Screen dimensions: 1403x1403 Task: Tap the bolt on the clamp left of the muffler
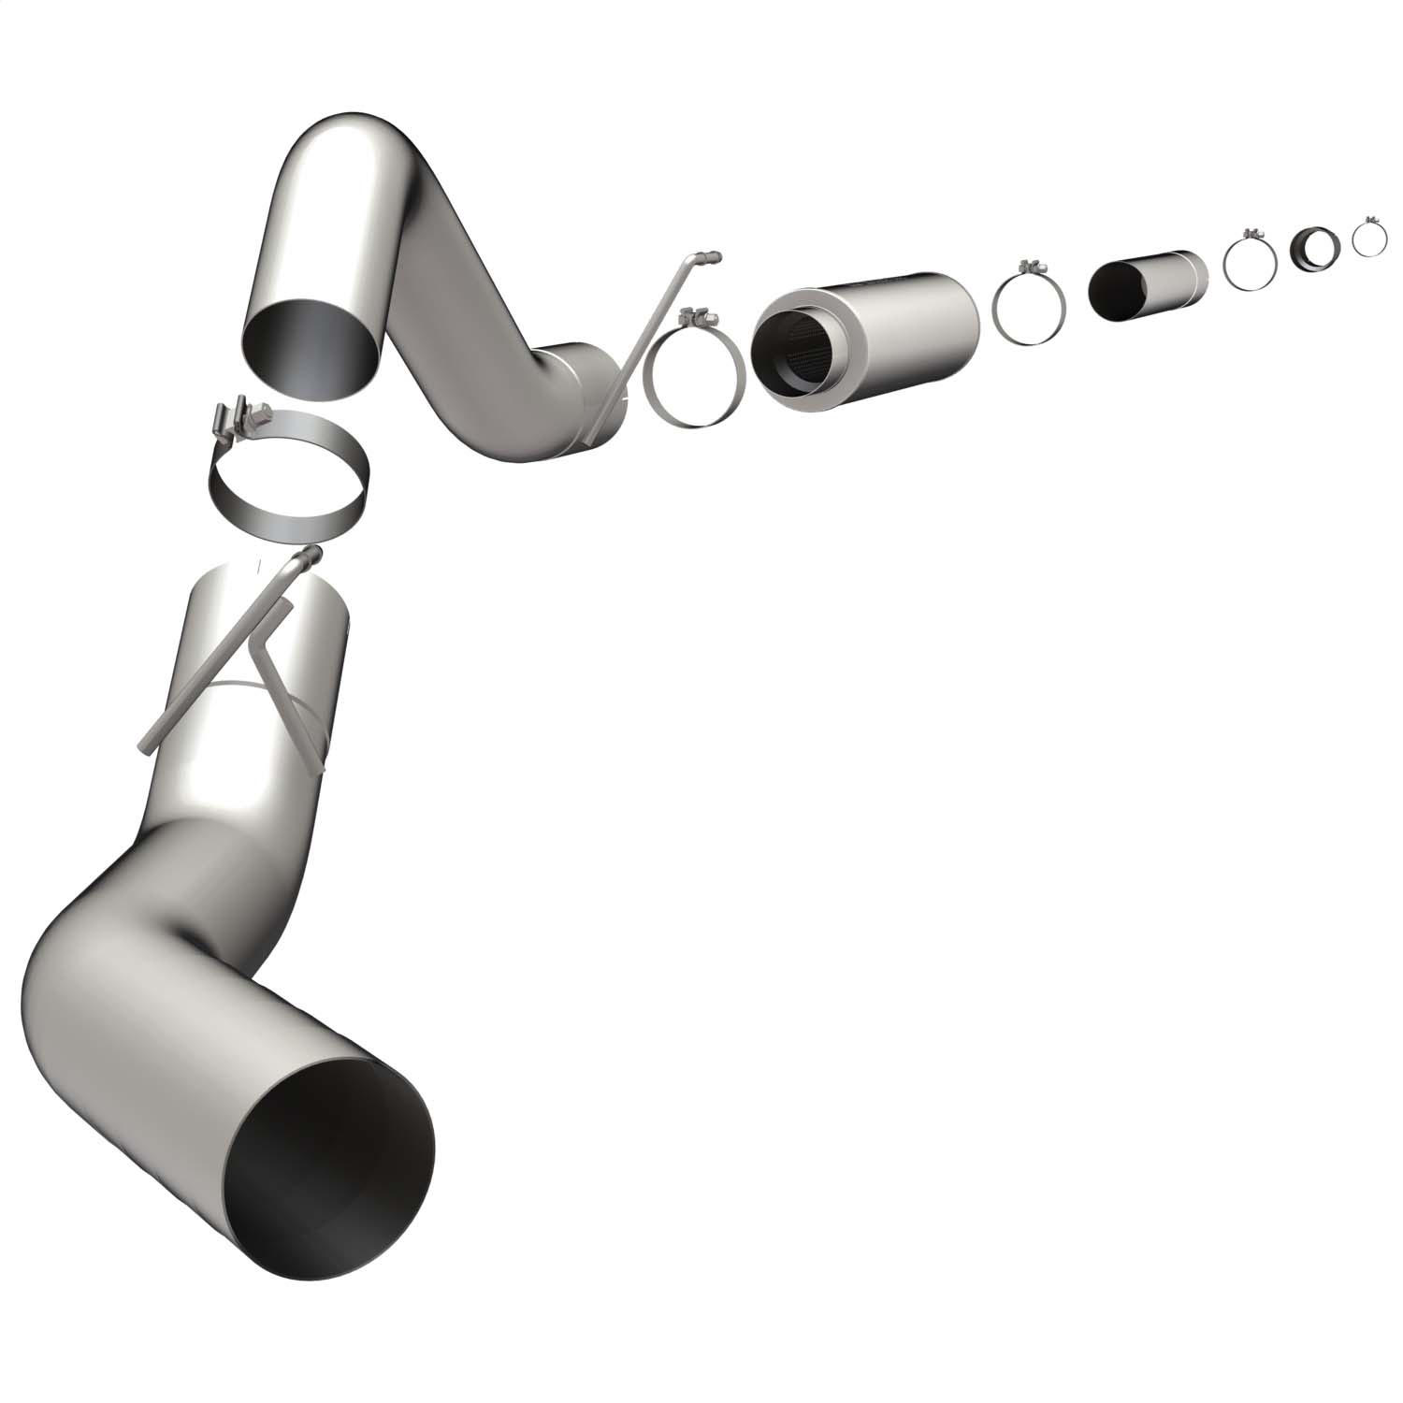(x=697, y=316)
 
